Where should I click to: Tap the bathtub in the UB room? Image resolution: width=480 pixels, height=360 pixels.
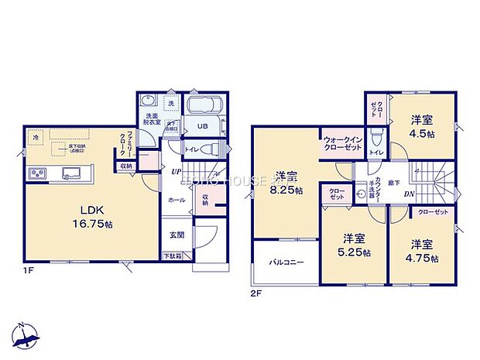coord(205,105)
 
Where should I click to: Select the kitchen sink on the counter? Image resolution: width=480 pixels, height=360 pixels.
coord(74,172)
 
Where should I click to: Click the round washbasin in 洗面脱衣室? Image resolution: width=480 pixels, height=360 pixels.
coord(149,102)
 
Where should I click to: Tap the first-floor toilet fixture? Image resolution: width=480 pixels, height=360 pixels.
coord(214,148)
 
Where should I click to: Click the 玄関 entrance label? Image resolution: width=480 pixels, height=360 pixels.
coord(177,235)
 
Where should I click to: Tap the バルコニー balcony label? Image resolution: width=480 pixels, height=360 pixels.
coord(286,262)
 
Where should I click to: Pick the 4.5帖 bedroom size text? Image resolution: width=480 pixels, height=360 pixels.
coord(421,133)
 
